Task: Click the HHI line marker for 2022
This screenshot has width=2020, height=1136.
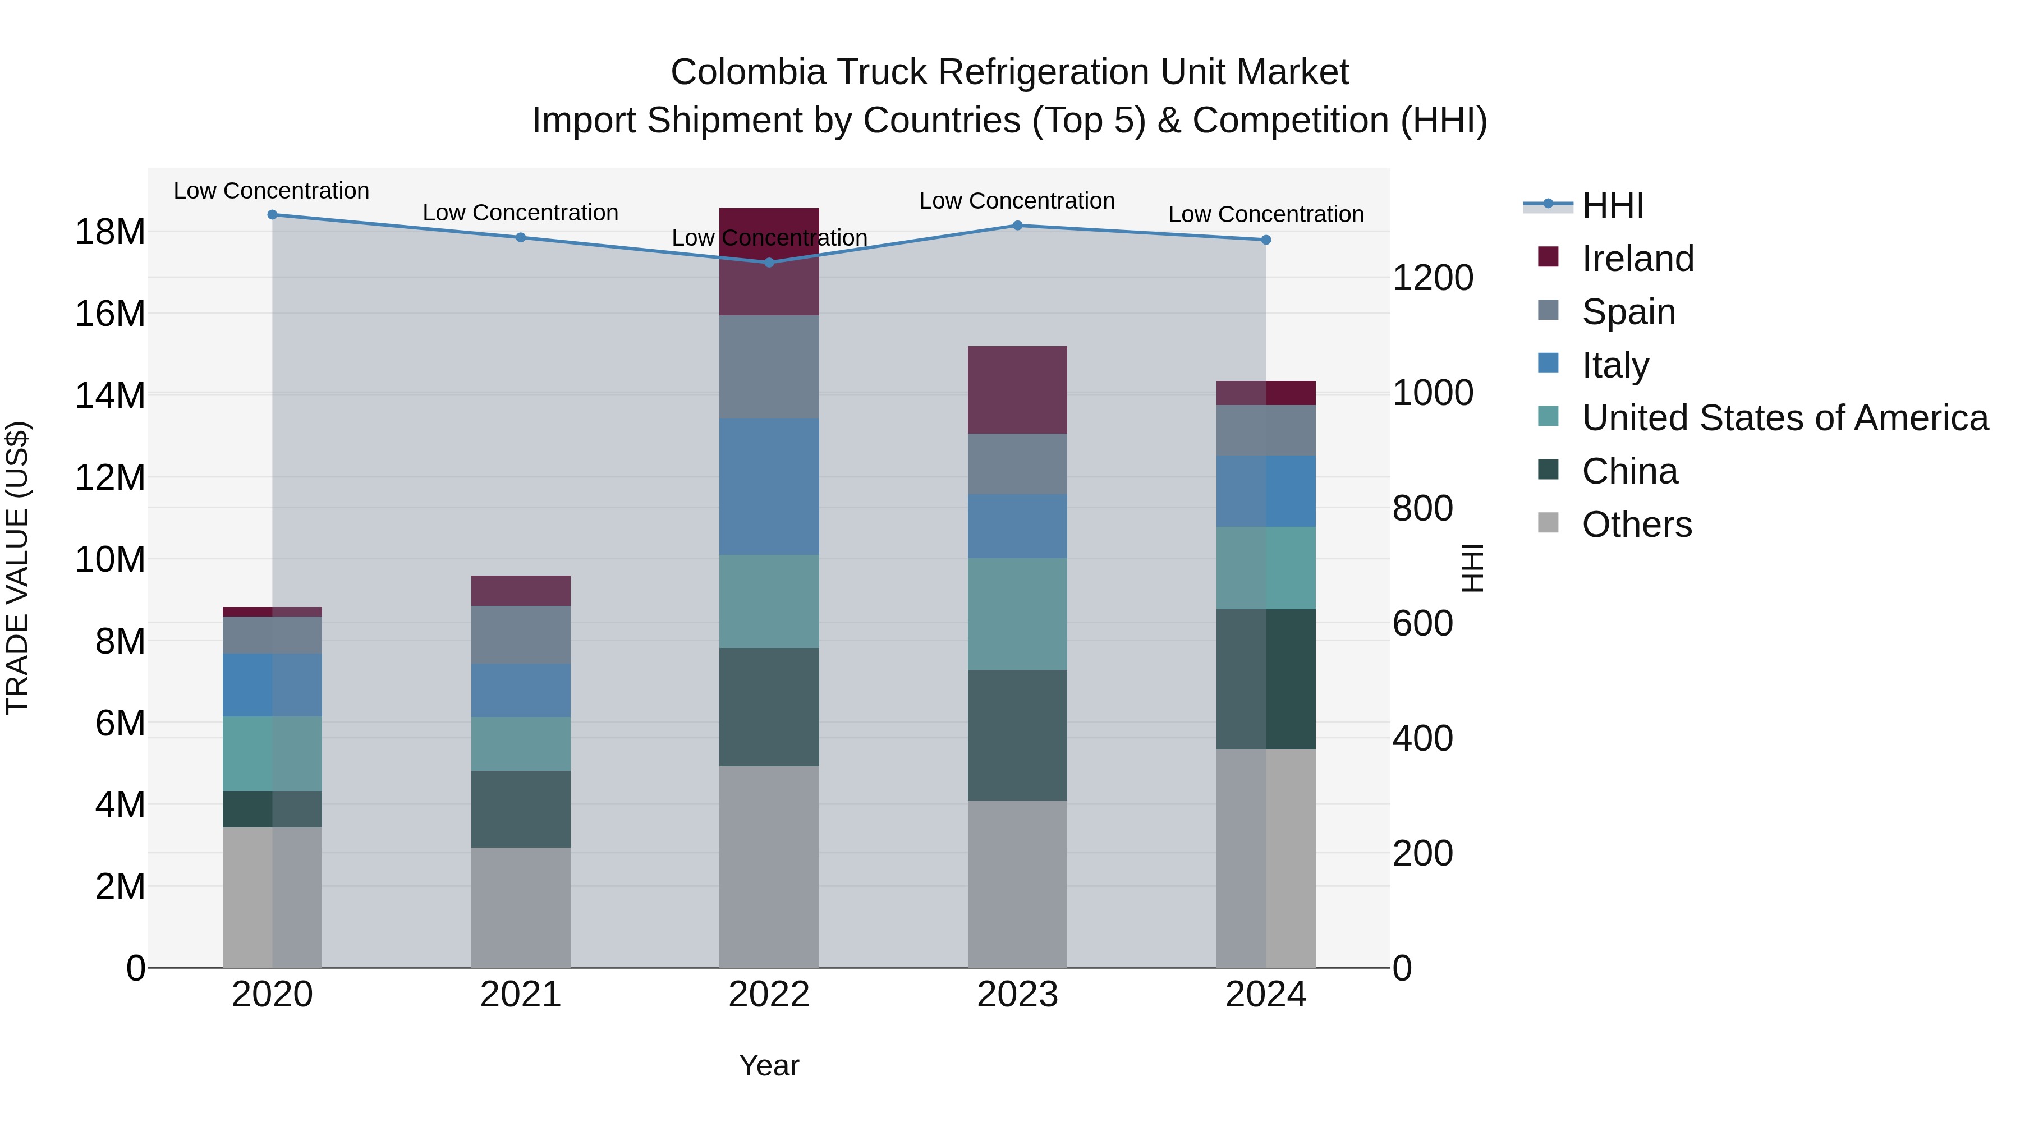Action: point(769,263)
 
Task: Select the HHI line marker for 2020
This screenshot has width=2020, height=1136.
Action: point(272,215)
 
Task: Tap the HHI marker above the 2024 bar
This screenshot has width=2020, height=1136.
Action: point(1266,240)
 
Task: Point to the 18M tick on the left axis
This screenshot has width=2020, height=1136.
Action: point(110,232)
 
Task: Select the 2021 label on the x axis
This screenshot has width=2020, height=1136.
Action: point(520,995)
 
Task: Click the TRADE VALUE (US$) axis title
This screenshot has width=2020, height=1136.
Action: point(17,568)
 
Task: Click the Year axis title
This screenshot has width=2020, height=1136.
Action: point(769,1065)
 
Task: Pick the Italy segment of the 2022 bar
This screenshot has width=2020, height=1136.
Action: point(769,487)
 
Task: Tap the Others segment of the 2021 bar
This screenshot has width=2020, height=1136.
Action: point(520,907)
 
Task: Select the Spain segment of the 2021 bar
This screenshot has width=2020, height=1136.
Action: point(520,635)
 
